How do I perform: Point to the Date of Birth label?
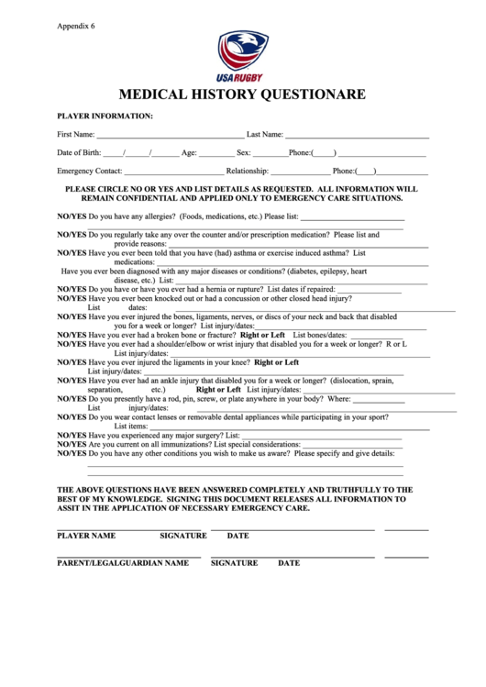point(79,152)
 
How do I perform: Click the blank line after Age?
point(215,153)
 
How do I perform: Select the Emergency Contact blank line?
point(173,172)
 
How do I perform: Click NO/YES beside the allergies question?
point(72,216)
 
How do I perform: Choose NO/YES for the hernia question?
point(72,288)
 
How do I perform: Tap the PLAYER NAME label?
point(86,535)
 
